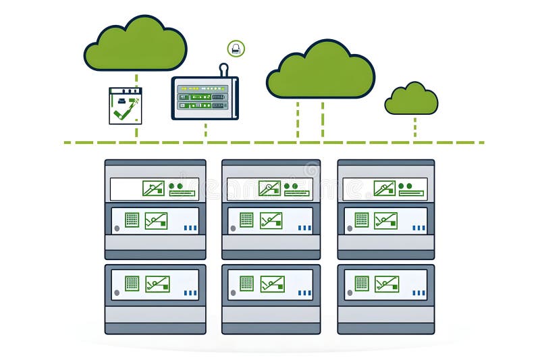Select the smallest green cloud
click(x=411, y=99)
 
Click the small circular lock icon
click(x=236, y=48)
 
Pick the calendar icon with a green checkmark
click(x=126, y=105)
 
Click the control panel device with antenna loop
click(x=205, y=98)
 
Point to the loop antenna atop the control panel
click(x=223, y=69)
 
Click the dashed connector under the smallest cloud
click(x=414, y=128)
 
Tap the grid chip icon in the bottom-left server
click(x=132, y=283)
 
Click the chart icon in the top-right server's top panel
click(x=384, y=188)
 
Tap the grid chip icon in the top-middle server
click(x=246, y=220)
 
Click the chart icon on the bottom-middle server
click(x=272, y=284)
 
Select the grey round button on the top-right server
click(x=350, y=228)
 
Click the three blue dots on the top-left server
click(x=190, y=228)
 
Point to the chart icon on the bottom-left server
click(x=157, y=284)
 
